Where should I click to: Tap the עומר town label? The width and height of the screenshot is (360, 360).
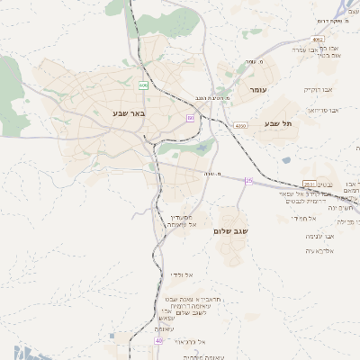pyautogui.click(x=256, y=91)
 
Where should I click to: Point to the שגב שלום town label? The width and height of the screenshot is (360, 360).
pyautogui.click(x=231, y=231)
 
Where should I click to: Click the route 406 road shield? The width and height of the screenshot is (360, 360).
pyautogui.click(x=143, y=85)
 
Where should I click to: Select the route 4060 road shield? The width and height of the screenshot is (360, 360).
pyautogui.click(x=240, y=126)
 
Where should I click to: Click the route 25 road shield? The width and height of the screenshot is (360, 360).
pyautogui.click(x=249, y=181)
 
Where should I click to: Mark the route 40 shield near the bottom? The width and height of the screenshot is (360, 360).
pyautogui.click(x=158, y=340)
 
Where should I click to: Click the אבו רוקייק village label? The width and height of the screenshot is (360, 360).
pyautogui.click(x=318, y=90)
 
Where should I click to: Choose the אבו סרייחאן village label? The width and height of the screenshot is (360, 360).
pyautogui.click(x=323, y=110)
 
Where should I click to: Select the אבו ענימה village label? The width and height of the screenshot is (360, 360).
pyautogui.click(x=320, y=236)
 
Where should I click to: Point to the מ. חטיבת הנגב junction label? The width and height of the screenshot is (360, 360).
pyautogui.click(x=214, y=98)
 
